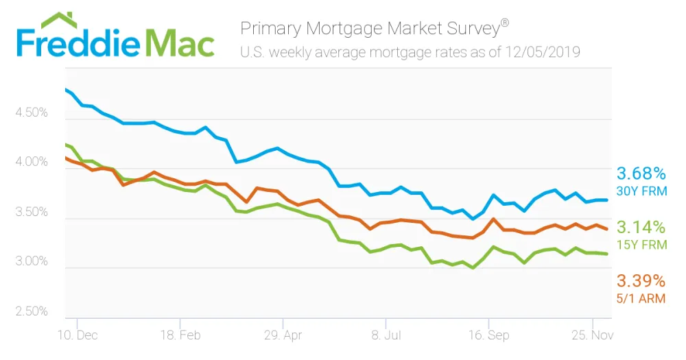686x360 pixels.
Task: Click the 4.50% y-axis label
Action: coord(32,112)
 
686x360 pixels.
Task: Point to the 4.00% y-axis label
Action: coord(32,162)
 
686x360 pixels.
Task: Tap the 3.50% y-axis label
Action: coord(32,212)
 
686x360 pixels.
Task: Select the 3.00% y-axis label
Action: coord(32,261)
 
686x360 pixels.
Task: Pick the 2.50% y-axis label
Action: coord(32,311)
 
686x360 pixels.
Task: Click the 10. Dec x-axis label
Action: coord(78,335)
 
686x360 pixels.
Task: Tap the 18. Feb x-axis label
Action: coord(180,335)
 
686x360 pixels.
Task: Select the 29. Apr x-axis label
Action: coord(283,335)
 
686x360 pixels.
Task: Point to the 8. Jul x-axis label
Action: coord(386,335)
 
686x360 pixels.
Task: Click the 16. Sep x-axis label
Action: coord(488,335)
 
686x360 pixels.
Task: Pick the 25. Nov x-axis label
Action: coord(593,335)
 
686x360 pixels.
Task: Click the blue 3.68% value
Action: coord(641,173)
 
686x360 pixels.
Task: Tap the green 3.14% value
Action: coord(641,228)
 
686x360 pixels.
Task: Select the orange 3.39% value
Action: coord(641,281)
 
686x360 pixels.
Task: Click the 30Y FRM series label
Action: coord(642,191)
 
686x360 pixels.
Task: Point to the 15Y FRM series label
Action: coord(642,245)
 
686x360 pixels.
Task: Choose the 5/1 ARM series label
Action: coord(641,298)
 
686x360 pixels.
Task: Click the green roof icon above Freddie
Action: coord(58,21)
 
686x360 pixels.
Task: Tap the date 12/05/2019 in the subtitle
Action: coord(543,52)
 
